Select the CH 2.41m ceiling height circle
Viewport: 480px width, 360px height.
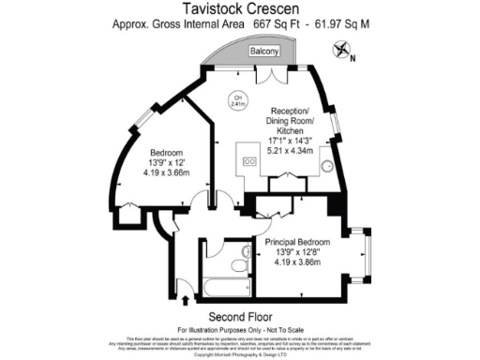pyautogui.click(x=238, y=102)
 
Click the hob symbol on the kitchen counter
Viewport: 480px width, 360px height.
pyautogui.click(x=250, y=161)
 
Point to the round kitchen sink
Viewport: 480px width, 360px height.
pyautogui.click(x=327, y=166)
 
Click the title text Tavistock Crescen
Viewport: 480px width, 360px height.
pyautogui.click(x=240, y=8)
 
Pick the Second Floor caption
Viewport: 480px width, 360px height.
pyautogui.click(x=239, y=315)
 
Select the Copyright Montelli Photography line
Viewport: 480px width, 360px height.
pyautogui.click(x=239, y=355)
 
